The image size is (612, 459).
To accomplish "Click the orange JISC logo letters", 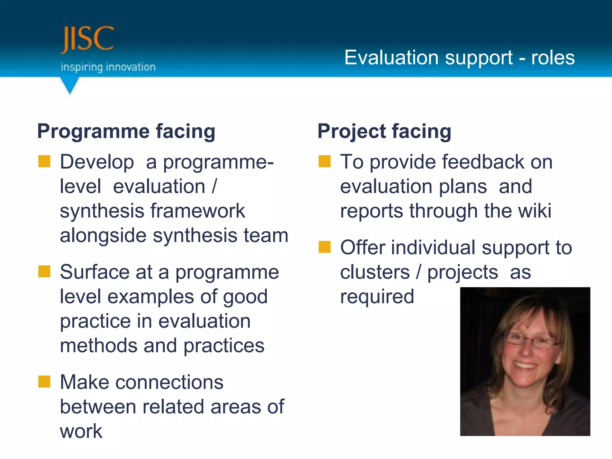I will pos(87,39).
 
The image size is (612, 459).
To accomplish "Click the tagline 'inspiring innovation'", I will pos(108,67).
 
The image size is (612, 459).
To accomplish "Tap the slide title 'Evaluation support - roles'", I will pos(459,57).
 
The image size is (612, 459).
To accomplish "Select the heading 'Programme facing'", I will pos(126,131).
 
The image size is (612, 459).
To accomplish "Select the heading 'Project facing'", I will pos(384,131).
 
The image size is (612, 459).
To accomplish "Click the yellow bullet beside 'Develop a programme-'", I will pos(44,161).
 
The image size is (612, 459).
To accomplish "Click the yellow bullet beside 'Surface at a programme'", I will pos(44,272).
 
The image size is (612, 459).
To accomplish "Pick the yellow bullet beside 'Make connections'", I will pos(44,382).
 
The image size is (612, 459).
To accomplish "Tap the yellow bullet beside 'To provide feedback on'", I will pos(325,161).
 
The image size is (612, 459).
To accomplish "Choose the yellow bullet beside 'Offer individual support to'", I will pos(325,247).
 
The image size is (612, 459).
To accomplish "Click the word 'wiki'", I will pos(535,211).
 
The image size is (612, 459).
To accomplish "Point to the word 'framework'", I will pos(198,211).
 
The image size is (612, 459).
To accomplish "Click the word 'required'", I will pos(377,296).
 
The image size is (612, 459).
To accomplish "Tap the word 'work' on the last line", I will pos(81,431).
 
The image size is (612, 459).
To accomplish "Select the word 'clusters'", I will pos(375,272).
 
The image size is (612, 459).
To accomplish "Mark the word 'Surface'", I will pos(94,272).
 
